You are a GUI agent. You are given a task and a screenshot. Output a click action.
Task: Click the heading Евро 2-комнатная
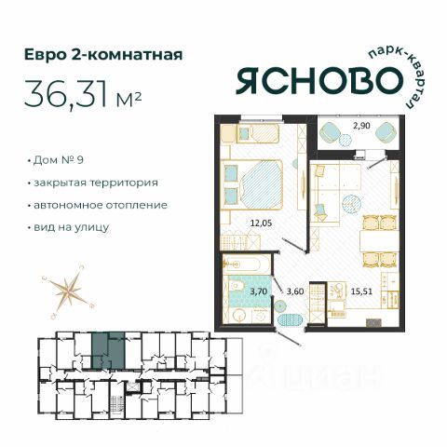click(x=103, y=55)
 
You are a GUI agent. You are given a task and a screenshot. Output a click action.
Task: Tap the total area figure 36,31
click(x=65, y=92)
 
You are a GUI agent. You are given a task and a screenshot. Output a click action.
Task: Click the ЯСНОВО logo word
click(x=319, y=81)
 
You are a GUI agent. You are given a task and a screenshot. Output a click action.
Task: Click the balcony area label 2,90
click(x=362, y=126)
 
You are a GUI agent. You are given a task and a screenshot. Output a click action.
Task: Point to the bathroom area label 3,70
click(x=259, y=291)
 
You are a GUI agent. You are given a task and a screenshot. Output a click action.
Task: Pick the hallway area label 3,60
click(x=295, y=291)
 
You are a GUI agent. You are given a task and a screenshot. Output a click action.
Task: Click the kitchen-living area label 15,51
click(x=361, y=291)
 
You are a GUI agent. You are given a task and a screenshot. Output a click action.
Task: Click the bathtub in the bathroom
click(x=241, y=264)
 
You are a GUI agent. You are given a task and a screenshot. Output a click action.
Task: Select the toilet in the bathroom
click(x=236, y=287)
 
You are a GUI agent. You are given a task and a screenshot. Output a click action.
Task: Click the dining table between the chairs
click(x=379, y=241)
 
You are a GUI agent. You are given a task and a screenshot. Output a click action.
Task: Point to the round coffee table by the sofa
click(x=351, y=204)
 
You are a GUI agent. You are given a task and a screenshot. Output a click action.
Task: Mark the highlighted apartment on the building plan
click(x=108, y=351)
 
